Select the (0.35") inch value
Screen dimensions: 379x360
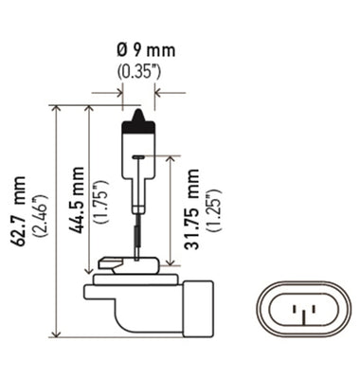pyautogui.click(x=138, y=71)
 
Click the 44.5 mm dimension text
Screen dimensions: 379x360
pyautogui.click(x=78, y=199)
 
